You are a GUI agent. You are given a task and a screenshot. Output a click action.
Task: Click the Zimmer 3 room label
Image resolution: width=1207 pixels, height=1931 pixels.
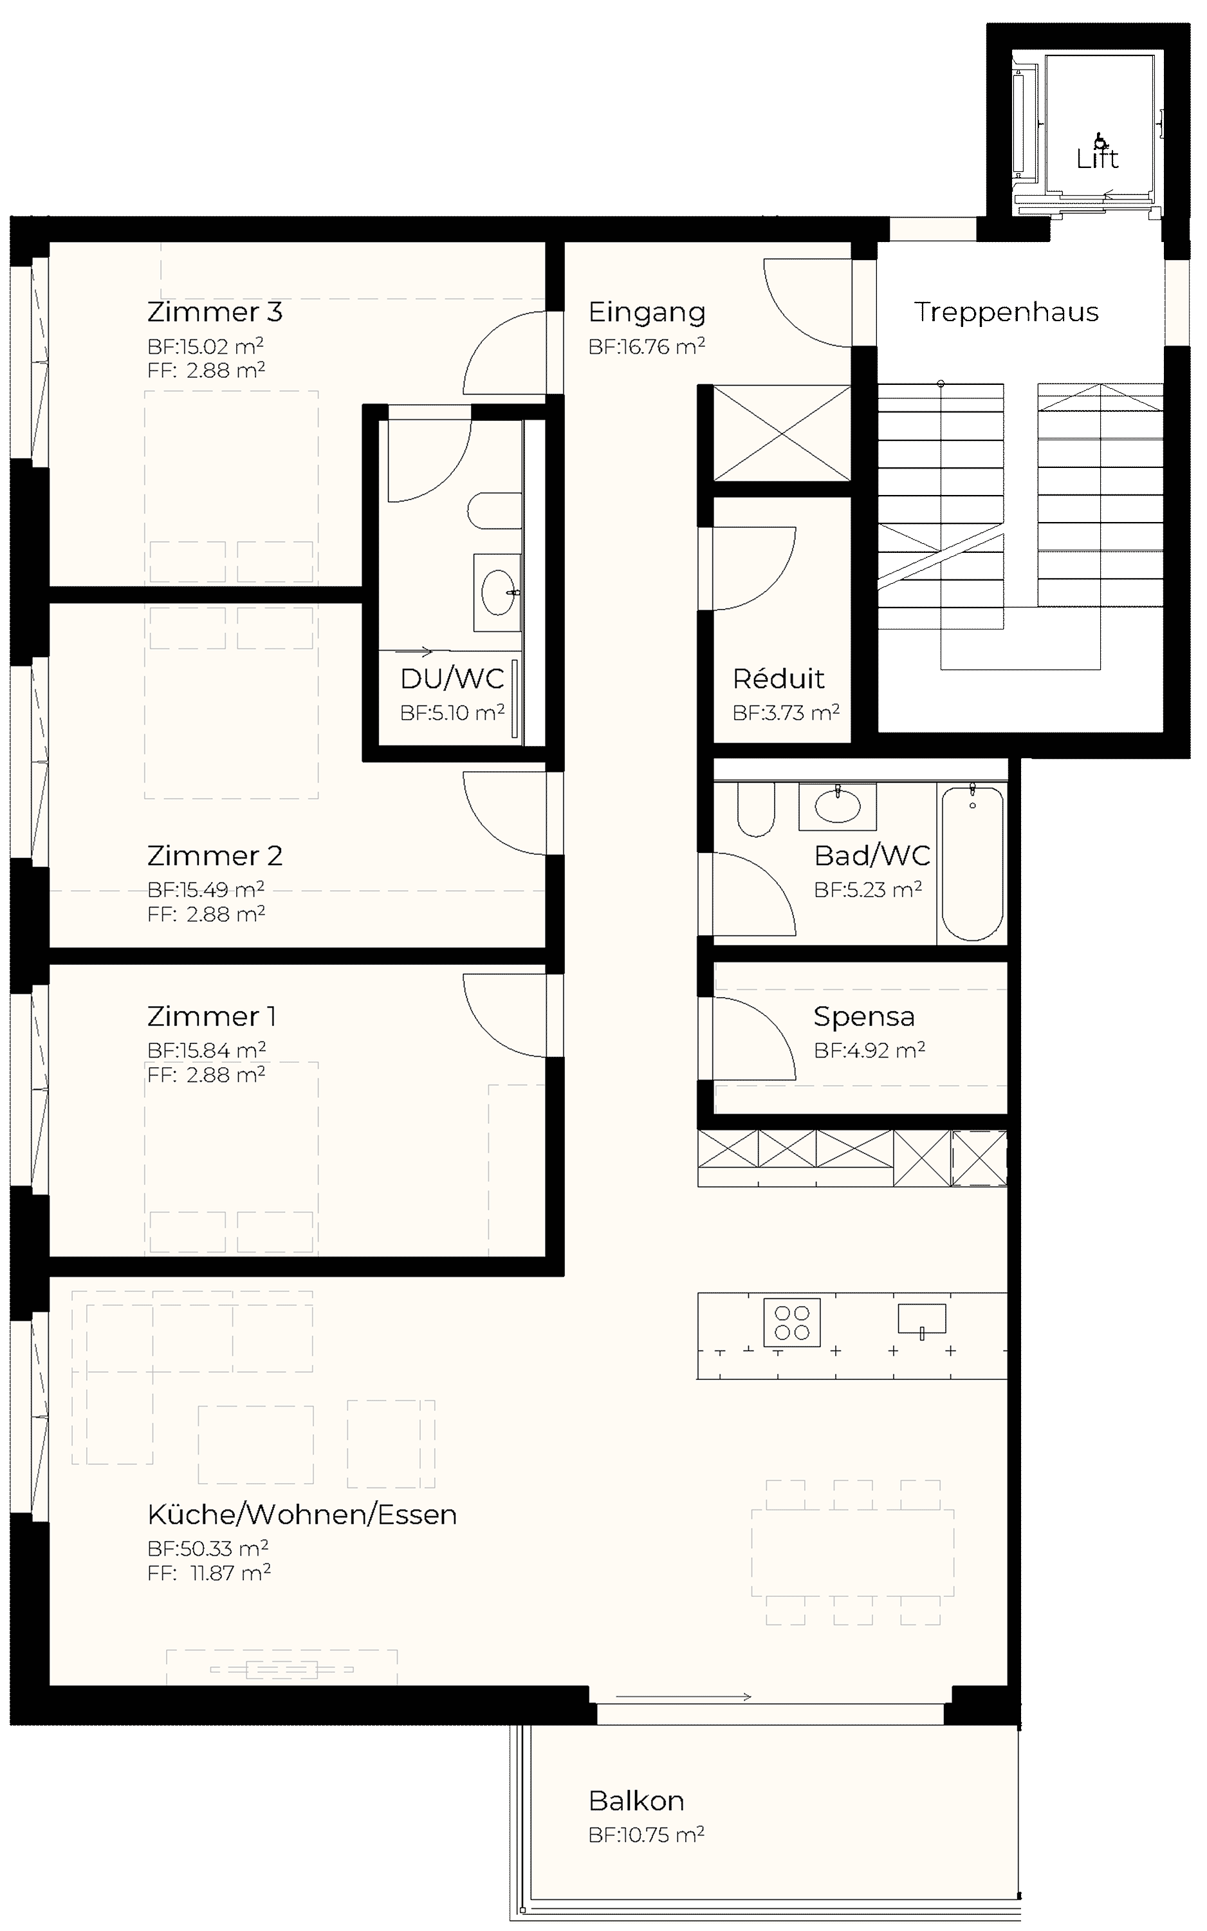coord(215,312)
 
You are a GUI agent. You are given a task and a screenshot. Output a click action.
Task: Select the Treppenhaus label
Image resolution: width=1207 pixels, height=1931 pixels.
coord(1006,312)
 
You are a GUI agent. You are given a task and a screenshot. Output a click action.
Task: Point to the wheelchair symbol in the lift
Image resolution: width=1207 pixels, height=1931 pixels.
coord(1101,142)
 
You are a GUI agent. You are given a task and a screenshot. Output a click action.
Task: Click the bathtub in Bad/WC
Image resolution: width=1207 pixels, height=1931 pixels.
coord(972,863)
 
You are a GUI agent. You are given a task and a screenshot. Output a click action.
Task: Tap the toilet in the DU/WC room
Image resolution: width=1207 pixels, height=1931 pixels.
coord(495,511)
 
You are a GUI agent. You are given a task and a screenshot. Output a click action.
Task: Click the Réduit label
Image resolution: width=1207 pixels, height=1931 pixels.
coord(779,679)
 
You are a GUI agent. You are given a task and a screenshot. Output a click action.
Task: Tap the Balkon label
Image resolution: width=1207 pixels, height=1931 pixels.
coord(636,1801)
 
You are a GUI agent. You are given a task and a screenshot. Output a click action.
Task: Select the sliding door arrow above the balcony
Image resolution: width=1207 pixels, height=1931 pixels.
coord(683,1697)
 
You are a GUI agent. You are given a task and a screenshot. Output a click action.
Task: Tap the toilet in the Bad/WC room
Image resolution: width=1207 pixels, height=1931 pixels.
coord(756,809)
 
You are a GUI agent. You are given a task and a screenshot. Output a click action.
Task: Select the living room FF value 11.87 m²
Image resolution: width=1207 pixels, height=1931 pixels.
coord(231,1572)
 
